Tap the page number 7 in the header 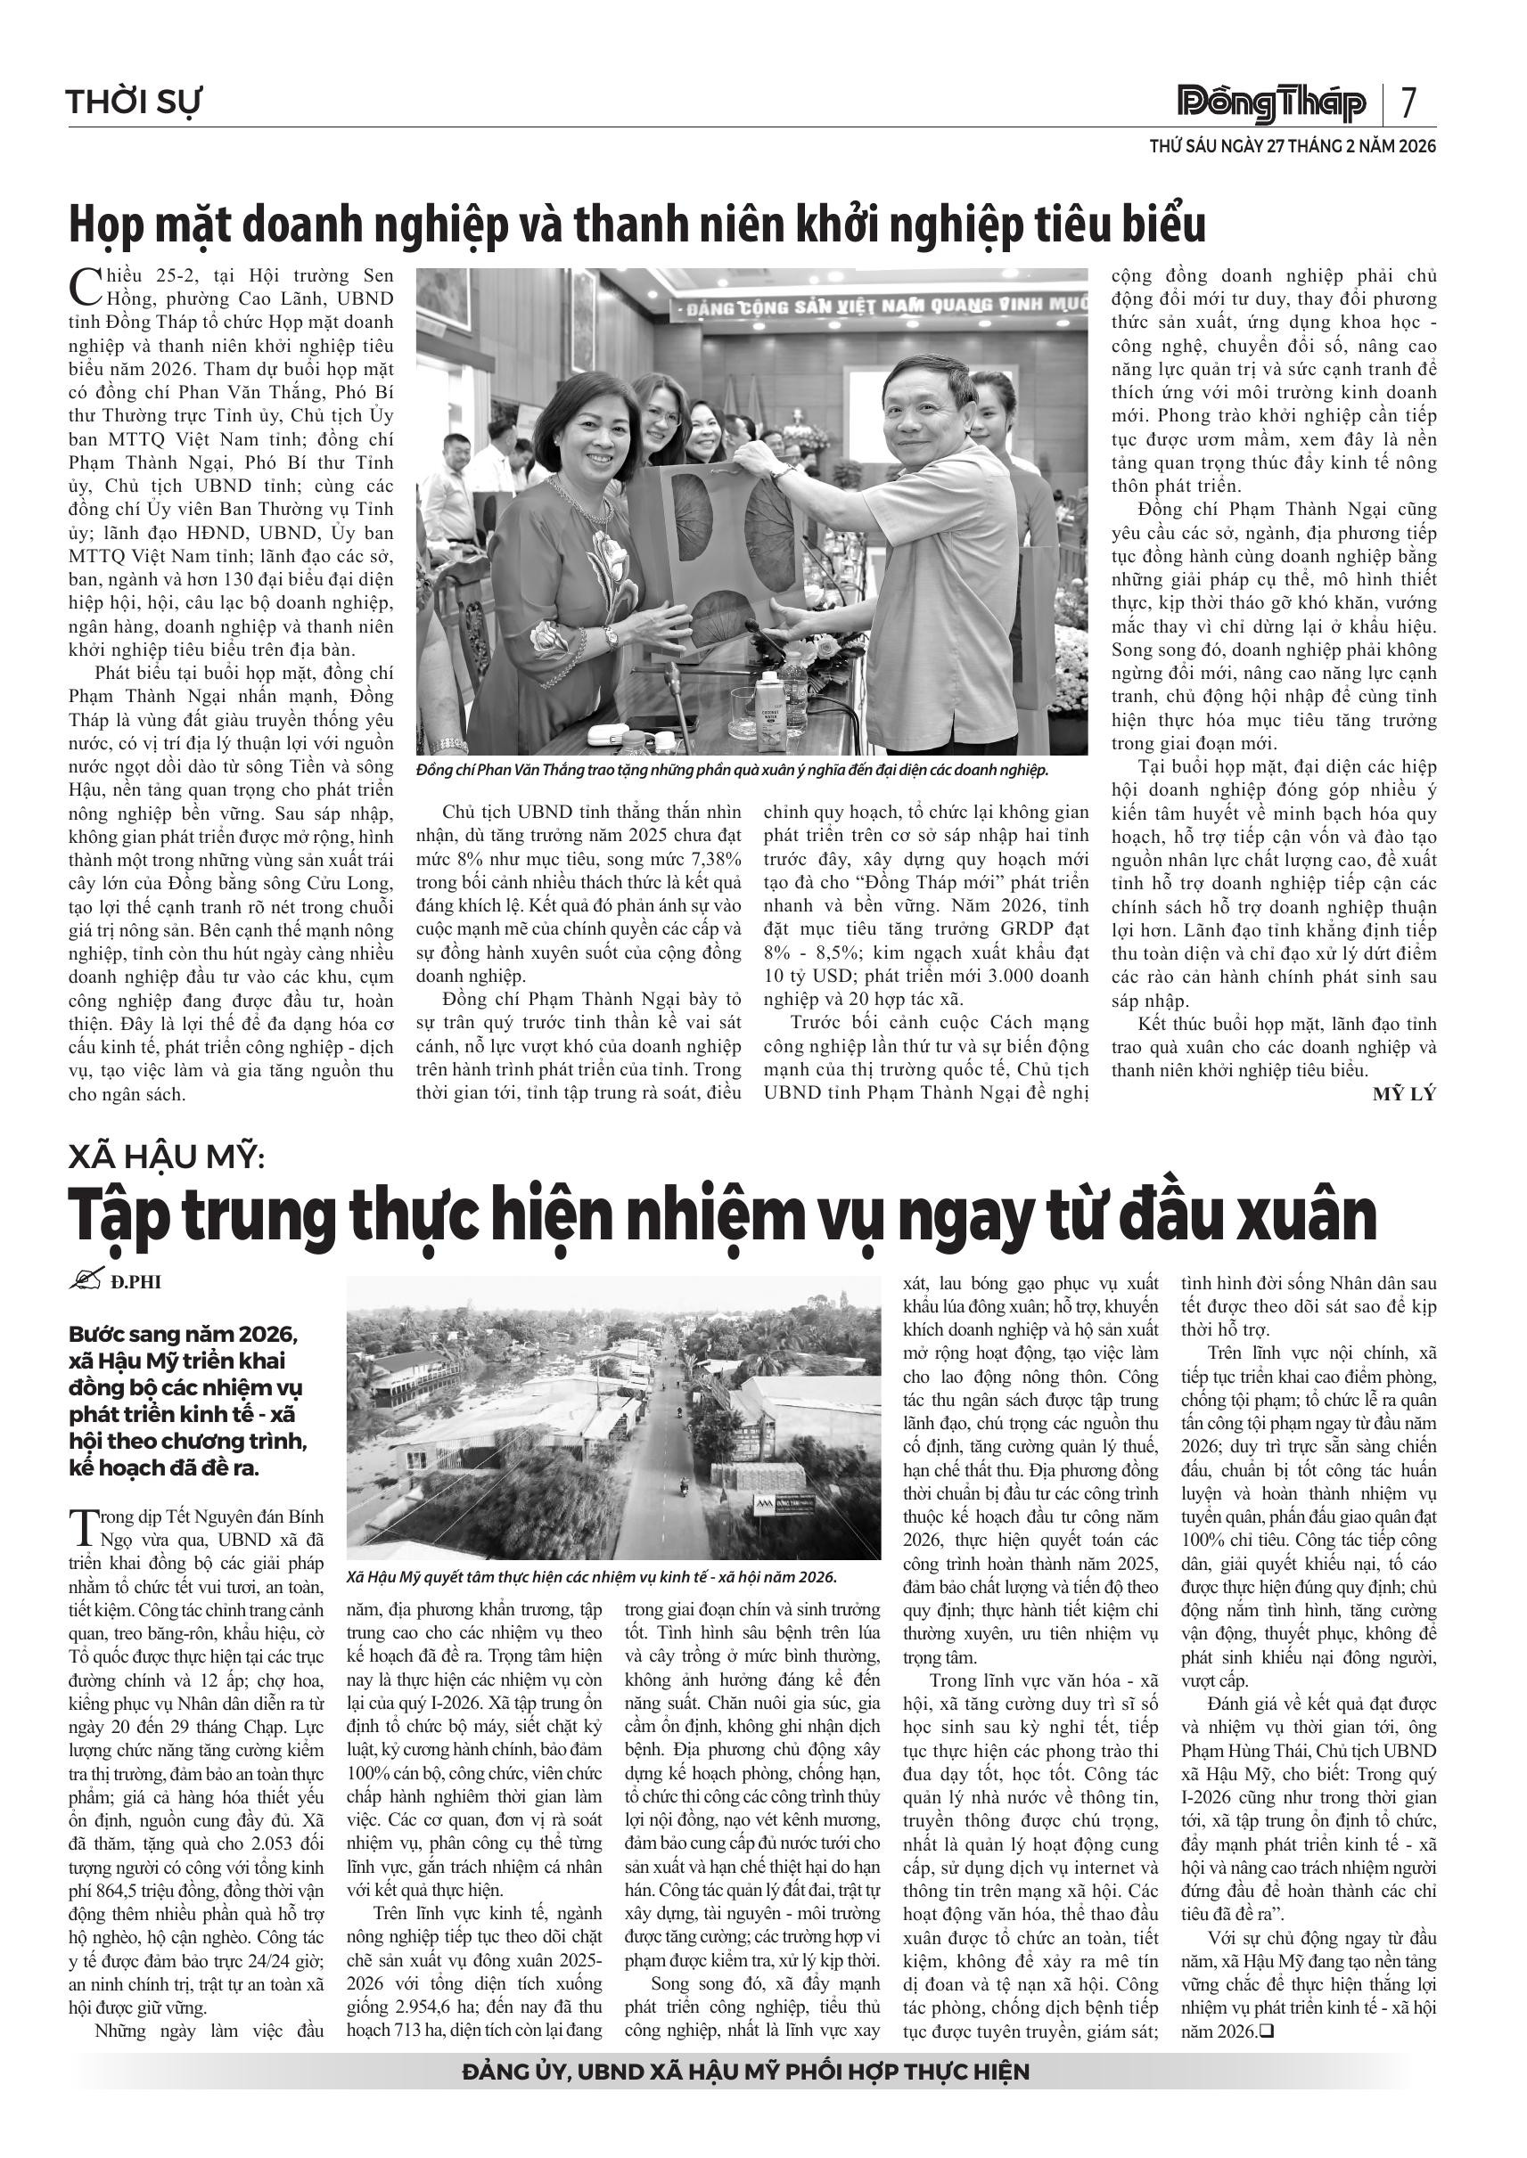coord(1408,102)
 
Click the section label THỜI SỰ coord(134,102)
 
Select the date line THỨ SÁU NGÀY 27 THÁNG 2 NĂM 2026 coord(1292,147)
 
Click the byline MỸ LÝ coord(1404,1094)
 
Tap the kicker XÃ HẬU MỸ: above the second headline coord(168,1158)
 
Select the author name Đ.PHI coord(135,1282)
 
